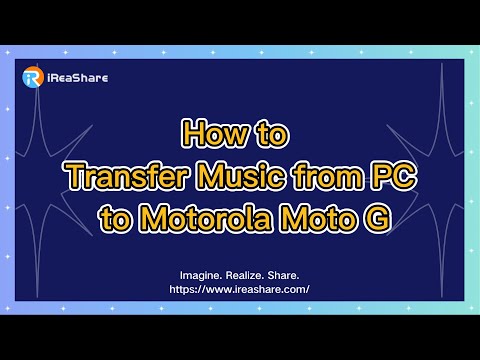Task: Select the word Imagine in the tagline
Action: [202, 273]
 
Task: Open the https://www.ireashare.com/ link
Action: [240, 288]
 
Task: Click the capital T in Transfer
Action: [73, 175]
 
